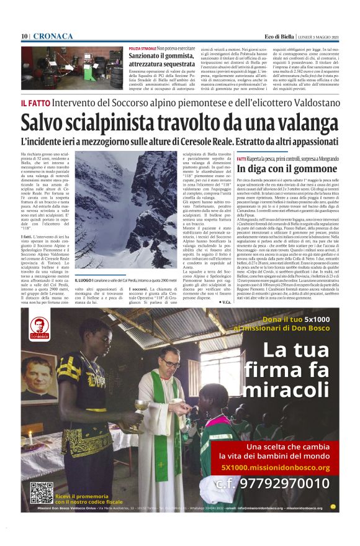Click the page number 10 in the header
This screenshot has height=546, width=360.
(x=24, y=37)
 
